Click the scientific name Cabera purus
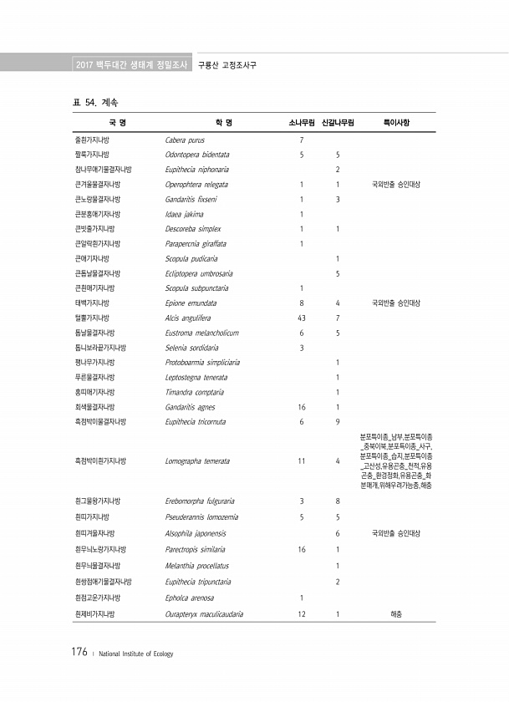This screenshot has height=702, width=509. tap(185, 140)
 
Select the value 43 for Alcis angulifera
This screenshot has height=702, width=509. tap(301, 318)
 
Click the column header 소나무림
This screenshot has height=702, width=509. tap(301, 123)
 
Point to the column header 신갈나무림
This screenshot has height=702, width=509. tap(338, 123)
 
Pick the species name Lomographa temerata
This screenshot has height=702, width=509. tap(197, 460)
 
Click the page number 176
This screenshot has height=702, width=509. tap(79, 653)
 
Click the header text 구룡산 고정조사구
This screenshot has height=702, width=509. tap(227, 64)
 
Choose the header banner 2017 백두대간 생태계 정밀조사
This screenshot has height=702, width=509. tap(131, 64)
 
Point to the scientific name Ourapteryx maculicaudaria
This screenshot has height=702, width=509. tap(205, 613)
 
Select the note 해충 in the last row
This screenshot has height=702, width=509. tap(396, 613)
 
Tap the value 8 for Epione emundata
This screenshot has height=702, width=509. tap(301, 303)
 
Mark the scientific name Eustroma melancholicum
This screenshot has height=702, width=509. tap(201, 333)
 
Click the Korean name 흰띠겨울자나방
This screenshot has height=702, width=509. tap(96, 532)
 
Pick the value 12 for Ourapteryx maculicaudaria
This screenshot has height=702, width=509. tap(301, 613)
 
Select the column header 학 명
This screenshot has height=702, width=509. tap(223, 123)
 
